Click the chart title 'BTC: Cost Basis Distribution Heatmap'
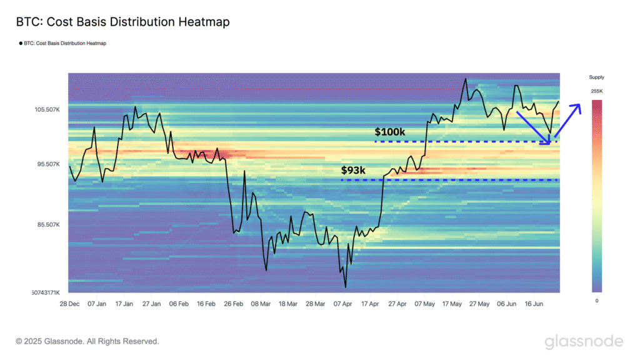[123, 22]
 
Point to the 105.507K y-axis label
[47, 110]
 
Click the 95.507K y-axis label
[47, 164]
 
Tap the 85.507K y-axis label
[47, 224]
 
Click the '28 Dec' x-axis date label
[70, 304]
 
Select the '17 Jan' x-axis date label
[124, 304]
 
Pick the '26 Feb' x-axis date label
[233, 304]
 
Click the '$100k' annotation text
[389, 132]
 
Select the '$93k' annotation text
[354, 170]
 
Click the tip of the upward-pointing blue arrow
[580, 104]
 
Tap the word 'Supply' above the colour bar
[596, 77]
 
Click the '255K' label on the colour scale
[596, 92]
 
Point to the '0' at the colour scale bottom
[596, 301]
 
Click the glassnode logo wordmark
[583, 341]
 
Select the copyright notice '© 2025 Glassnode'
[87, 341]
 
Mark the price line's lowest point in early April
[345, 287]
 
